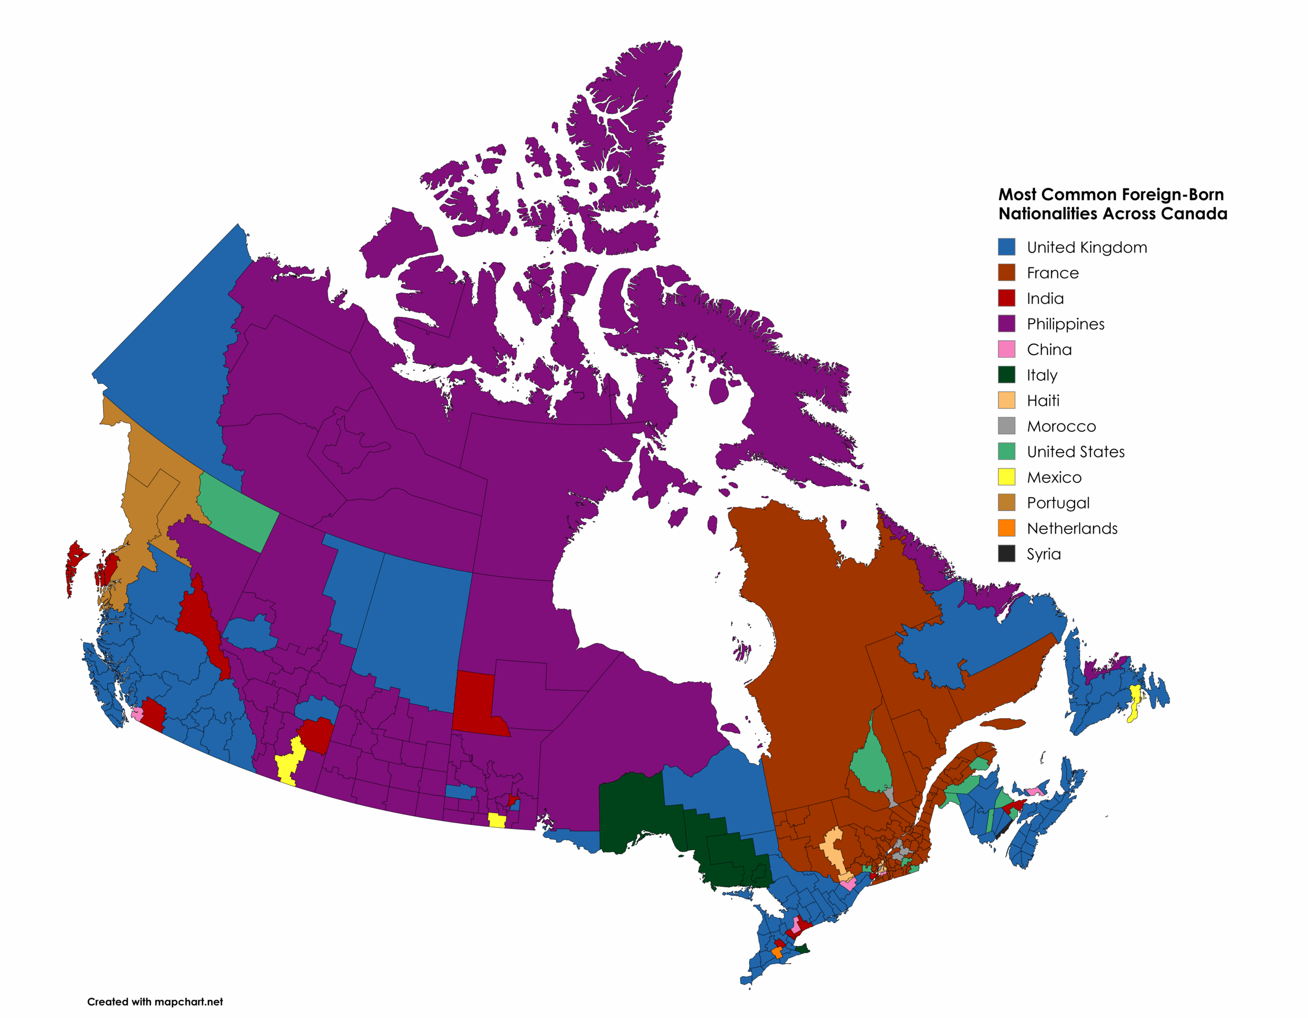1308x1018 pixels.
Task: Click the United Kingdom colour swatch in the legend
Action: (1006, 247)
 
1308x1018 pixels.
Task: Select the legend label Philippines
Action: (1065, 324)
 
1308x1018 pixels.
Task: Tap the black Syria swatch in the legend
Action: (1006, 553)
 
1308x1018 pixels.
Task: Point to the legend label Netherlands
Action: (1072, 528)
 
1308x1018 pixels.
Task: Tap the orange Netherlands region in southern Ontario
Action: (777, 952)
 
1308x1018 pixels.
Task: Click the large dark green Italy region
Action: (635, 809)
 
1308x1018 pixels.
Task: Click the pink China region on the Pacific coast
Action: (137, 713)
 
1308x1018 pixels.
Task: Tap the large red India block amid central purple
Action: (476, 701)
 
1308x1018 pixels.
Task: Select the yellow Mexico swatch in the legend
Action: (1006, 477)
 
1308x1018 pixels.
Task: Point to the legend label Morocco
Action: (1061, 426)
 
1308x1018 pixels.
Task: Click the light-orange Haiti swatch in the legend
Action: (1006, 400)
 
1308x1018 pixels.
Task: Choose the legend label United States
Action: (1076, 452)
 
